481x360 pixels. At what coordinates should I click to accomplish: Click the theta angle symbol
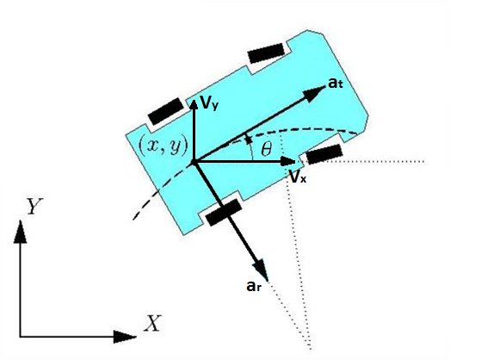266,149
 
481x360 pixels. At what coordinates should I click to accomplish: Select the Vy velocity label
209,102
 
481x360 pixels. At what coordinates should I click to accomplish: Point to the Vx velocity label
297,177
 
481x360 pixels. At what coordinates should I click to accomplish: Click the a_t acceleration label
336,83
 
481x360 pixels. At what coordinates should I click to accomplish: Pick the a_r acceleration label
254,286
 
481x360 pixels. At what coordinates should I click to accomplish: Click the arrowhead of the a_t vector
314,92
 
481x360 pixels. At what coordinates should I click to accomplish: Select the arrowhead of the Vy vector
194,105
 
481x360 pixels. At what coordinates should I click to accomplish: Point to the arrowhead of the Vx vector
287,161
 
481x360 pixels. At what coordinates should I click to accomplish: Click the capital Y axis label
34,206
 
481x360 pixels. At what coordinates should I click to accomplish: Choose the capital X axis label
153,323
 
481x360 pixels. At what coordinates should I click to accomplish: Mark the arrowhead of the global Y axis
21,232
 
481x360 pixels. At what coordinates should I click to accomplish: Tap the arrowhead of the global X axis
125,337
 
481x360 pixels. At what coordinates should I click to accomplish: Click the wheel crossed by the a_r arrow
224,212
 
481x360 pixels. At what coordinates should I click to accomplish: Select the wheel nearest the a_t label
266,53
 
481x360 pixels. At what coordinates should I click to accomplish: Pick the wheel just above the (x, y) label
166,111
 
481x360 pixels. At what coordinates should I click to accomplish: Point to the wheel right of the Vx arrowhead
324,154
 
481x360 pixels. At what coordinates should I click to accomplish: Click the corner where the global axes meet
21,337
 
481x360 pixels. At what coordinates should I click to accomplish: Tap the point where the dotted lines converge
311,348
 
